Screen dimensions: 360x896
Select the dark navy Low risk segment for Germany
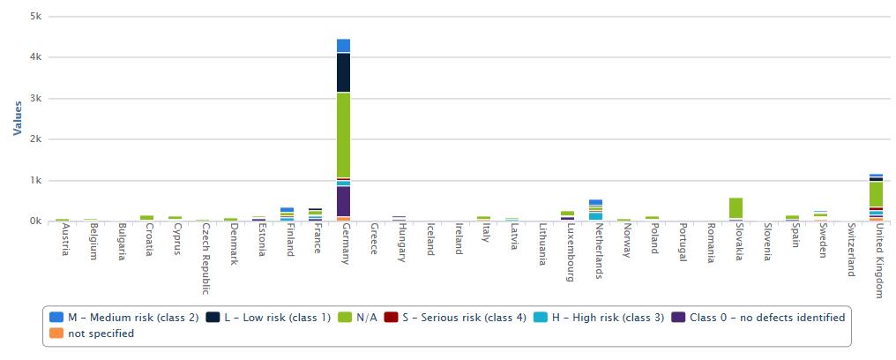point(343,72)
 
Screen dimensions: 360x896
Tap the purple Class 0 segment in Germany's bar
point(343,201)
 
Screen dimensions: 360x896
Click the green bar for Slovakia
point(735,208)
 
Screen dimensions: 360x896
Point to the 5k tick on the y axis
point(35,17)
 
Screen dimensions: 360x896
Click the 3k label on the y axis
point(35,99)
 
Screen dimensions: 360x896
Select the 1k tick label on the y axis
point(35,181)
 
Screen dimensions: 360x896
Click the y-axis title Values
point(18,118)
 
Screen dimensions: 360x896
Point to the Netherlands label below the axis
point(597,251)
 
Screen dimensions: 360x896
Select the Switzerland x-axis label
point(850,250)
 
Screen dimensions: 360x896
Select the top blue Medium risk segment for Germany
point(343,46)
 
